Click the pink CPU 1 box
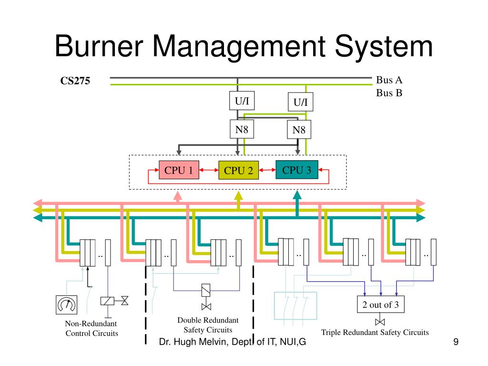pos(179,170)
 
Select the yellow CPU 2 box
pos(238,170)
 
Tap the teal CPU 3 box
pos(297,170)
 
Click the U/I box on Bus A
pos(242,101)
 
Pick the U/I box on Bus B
pos(300,102)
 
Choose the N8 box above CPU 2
pos(242,129)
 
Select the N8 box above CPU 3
pos(299,130)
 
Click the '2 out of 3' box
pos(381,305)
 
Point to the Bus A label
pos(389,80)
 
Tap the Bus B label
pos(389,93)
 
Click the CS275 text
pos(75,81)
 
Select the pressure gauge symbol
pos(67,305)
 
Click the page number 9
pos(456,342)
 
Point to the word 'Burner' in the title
pos(99,46)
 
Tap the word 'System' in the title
pos(384,47)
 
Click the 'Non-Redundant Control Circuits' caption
pos(91,328)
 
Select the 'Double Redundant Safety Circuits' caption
pos(208,325)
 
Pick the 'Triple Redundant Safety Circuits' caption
pos(375,332)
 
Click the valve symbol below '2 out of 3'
pos(380,322)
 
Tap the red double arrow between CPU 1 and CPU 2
pos(209,170)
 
